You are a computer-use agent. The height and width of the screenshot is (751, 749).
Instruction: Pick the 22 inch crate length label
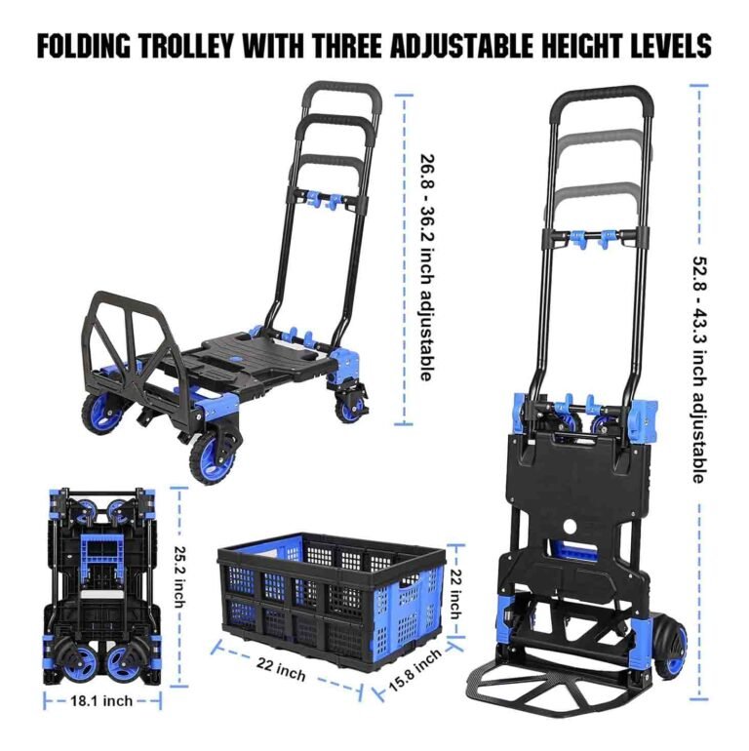[282, 672]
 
